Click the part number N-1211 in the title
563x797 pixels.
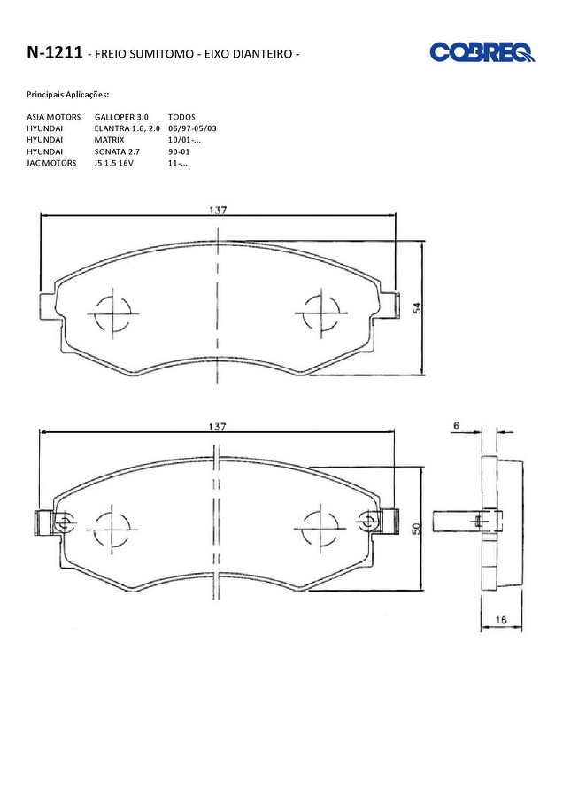(x=54, y=52)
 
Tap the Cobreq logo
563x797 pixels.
(x=482, y=52)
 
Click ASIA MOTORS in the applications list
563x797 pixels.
(x=53, y=117)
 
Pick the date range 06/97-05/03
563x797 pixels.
(x=192, y=128)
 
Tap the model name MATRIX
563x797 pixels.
(x=109, y=140)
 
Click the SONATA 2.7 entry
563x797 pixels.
(x=117, y=151)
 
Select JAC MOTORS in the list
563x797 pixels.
(x=51, y=163)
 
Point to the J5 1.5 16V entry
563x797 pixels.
(x=114, y=163)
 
